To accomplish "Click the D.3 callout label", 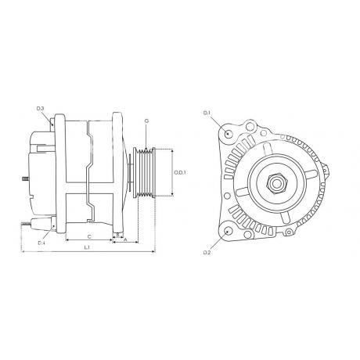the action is click(40, 108).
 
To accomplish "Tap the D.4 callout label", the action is click(41, 243).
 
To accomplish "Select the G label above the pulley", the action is click(146, 121).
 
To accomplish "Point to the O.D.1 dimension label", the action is click(180, 172).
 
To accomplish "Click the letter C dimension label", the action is click(89, 236).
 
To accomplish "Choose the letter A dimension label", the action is click(125, 239).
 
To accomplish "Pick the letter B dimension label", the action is click(117, 235).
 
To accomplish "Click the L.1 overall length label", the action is click(87, 247).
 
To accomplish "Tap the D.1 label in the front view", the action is click(207, 113).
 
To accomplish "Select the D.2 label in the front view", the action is click(207, 253).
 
